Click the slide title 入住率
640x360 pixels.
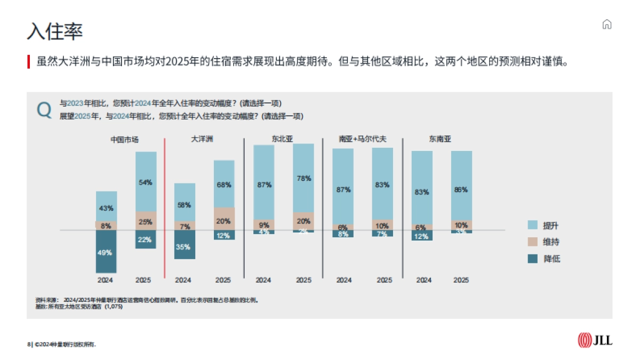click(55, 31)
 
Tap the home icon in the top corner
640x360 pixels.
click(606, 25)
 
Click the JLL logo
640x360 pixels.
click(595, 340)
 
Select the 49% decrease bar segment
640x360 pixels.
click(106, 252)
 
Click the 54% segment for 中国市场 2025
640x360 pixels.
click(146, 182)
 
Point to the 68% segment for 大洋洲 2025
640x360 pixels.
click(224, 184)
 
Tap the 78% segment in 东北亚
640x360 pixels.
click(303, 179)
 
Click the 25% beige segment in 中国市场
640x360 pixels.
click(146, 221)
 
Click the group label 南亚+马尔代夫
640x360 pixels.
click(362, 139)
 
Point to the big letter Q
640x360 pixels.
click(44, 110)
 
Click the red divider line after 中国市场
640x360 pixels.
click(165, 208)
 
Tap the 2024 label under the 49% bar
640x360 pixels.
click(105, 280)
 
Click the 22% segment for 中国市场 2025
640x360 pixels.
click(146, 239)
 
